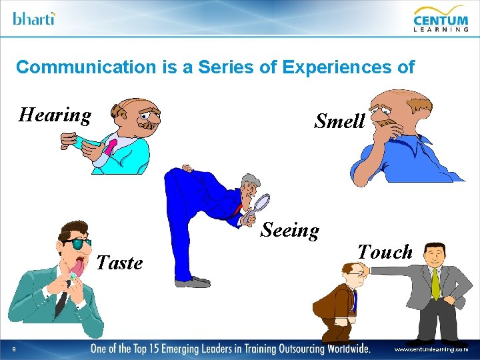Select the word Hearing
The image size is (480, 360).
point(55,115)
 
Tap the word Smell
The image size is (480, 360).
point(339,121)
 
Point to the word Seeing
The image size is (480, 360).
point(289,230)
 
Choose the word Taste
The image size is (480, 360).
point(119,263)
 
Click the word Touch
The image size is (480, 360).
point(385,252)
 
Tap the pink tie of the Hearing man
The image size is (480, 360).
point(110,146)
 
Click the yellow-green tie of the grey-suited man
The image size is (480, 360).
point(435,283)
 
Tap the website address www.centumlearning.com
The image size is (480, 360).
point(431,349)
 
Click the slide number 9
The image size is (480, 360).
point(14,349)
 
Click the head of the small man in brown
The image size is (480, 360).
point(353,273)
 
